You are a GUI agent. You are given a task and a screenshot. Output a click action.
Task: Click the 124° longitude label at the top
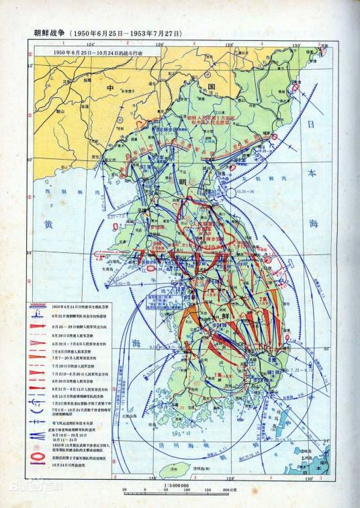tap(91, 44)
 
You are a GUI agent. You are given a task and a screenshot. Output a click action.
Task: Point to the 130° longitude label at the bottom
tap(308, 478)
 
